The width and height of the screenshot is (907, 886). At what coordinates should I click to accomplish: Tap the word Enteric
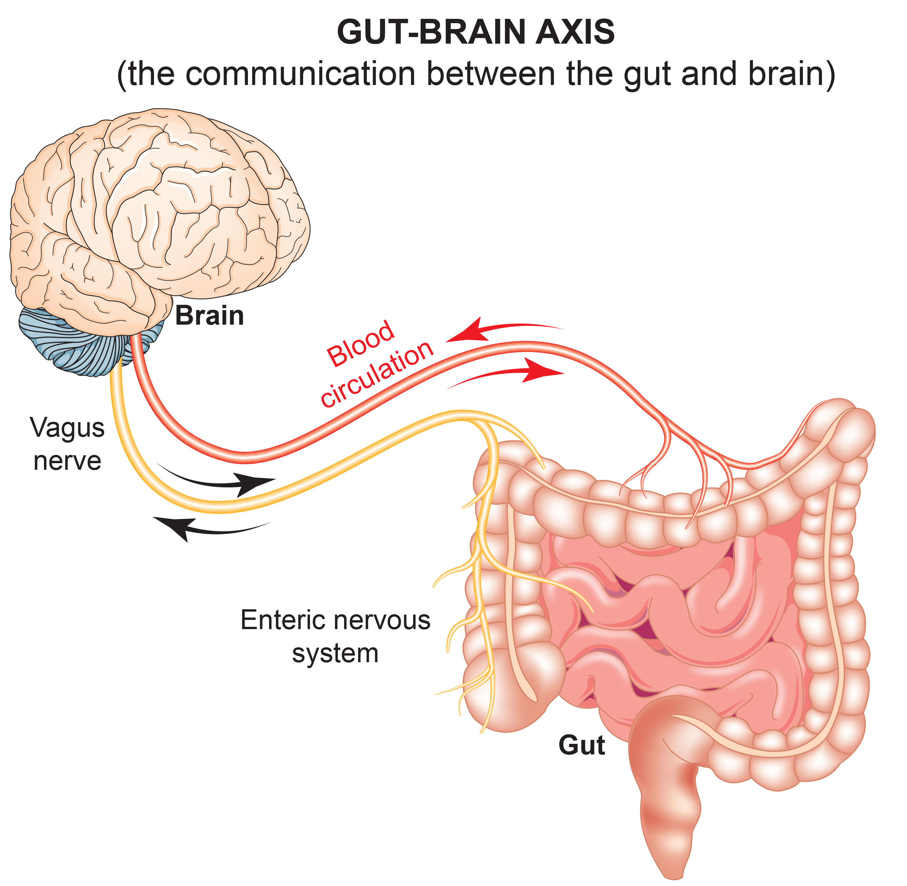coord(283,620)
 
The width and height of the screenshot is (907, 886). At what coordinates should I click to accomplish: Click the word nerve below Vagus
coord(67,461)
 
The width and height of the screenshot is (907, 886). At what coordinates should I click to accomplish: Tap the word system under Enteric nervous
coord(335,654)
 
